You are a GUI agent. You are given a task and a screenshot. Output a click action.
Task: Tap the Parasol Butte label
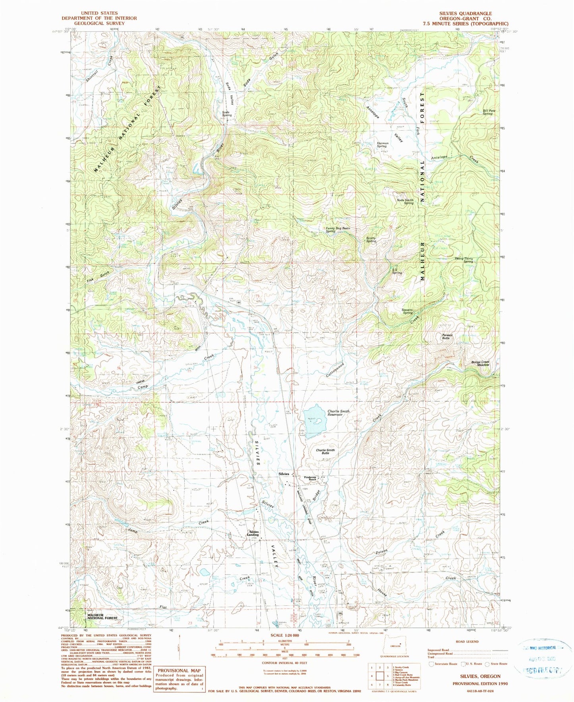(446, 336)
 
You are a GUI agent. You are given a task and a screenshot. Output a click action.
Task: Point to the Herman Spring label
(382, 145)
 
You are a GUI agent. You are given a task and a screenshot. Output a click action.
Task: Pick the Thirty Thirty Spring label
(464, 260)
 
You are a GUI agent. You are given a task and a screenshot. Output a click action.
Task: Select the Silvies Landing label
(254, 533)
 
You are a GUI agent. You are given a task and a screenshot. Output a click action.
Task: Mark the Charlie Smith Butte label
(325, 452)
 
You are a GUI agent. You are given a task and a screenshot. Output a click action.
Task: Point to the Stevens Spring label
(407, 311)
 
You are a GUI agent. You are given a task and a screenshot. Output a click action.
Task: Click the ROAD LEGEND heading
(467, 642)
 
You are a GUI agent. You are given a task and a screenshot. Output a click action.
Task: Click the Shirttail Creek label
(100, 69)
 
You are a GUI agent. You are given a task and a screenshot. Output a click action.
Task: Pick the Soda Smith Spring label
(405, 202)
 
